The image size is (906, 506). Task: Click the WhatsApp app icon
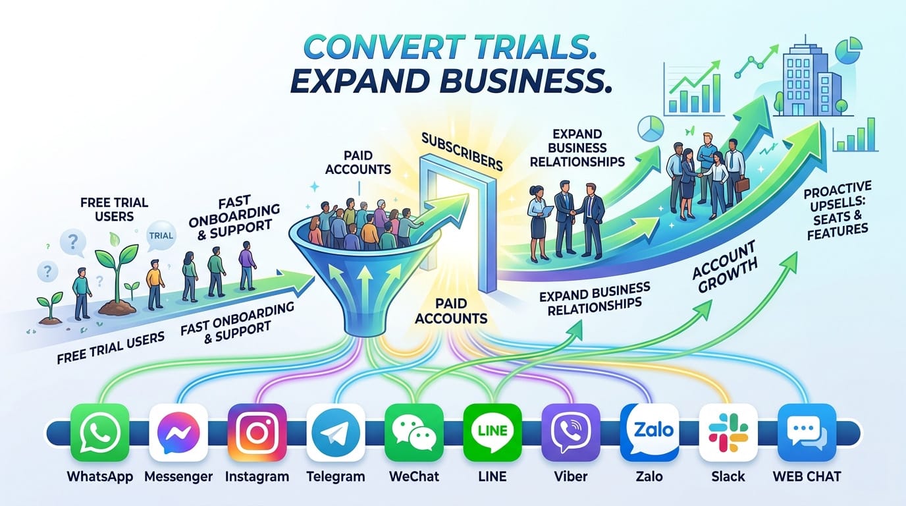click(x=100, y=432)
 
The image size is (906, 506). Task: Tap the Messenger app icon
click(x=178, y=432)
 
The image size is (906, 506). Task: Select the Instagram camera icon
click(x=257, y=432)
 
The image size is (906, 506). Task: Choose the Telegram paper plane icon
click(x=336, y=432)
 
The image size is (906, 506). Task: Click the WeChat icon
click(x=414, y=432)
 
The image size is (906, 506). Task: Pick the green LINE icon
click(x=493, y=432)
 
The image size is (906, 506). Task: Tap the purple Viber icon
click(x=571, y=432)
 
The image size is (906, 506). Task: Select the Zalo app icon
click(x=650, y=432)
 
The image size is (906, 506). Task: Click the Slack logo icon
click(x=728, y=432)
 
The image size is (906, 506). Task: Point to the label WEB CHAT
click(x=807, y=476)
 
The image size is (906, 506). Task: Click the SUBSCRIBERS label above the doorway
click(x=462, y=152)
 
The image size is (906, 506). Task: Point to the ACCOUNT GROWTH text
click(x=724, y=267)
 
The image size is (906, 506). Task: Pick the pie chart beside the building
click(x=849, y=50)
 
